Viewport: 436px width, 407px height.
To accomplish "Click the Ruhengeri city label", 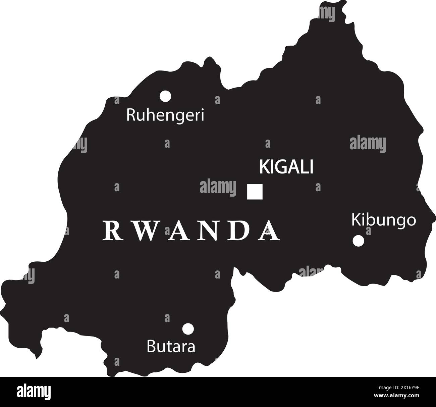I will [x=165, y=115].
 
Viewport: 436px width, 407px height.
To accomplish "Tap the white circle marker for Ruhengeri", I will [x=165, y=96].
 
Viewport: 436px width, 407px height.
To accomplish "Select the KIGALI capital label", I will [x=286, y=167].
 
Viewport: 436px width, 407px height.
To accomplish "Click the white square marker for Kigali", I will [x=255, y=192].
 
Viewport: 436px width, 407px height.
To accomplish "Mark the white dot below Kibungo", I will [x=358, y=241].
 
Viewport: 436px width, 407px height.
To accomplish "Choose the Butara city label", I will [x=171, y=347].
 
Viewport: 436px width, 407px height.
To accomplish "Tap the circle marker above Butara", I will [x=188, y=329].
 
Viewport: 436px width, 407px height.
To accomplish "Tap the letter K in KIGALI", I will [x=264, y=167].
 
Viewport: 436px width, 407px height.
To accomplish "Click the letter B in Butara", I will [x=151, y=347].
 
